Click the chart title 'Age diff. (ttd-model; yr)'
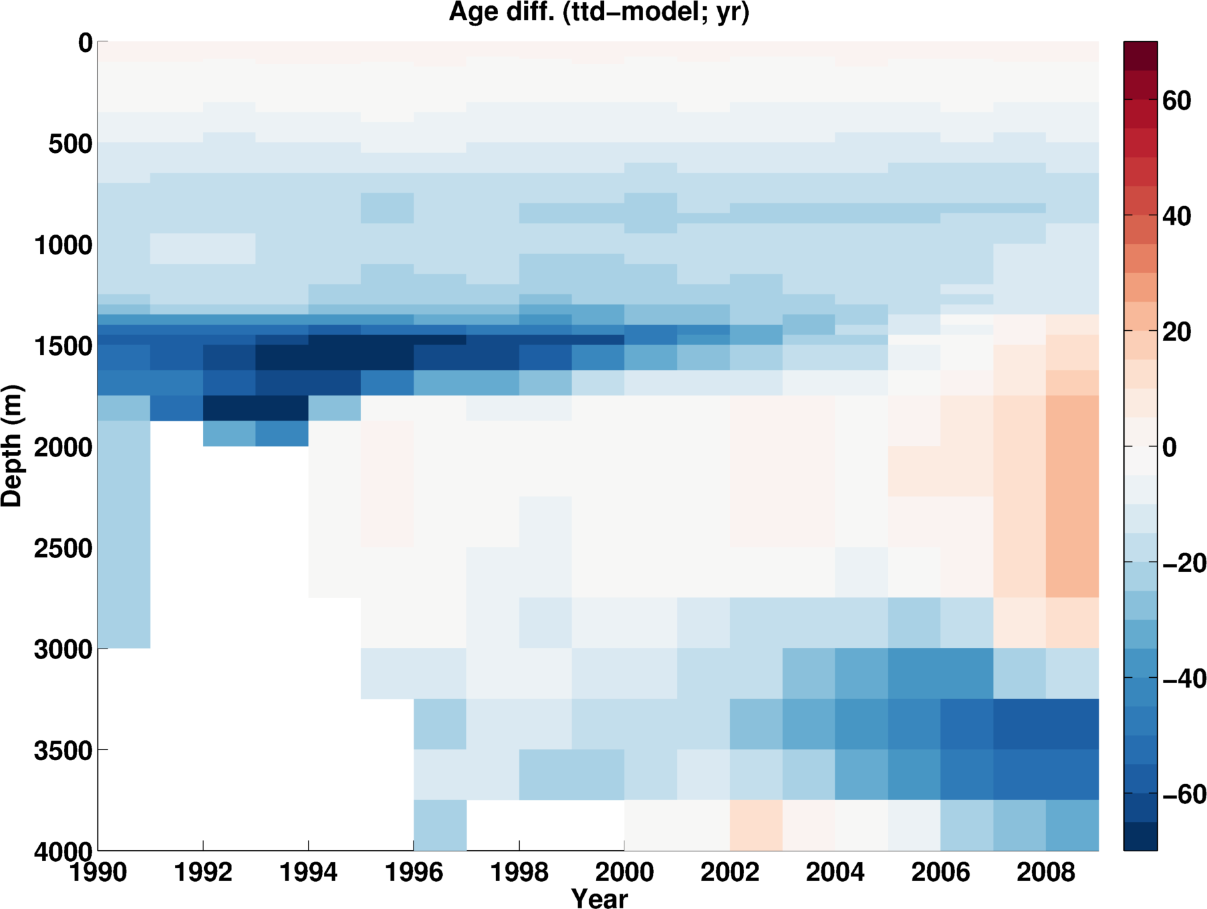pos(599,12)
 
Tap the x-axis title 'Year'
pos(599,898)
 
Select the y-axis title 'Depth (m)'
pos(12,446)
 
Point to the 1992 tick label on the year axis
pos(203,871)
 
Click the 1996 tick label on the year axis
pos(414,871)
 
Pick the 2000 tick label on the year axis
pos(624,871)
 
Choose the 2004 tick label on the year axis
pos(835,871)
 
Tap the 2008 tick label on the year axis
pos(1045,871)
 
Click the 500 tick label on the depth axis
pos(70,144)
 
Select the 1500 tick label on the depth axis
pos(63,346)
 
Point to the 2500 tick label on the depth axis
pos(63,548)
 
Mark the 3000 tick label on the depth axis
pos(63,649)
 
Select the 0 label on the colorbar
pos(1170,447)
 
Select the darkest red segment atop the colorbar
pos(1140,55)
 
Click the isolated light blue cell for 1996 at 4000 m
pos(440,825)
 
